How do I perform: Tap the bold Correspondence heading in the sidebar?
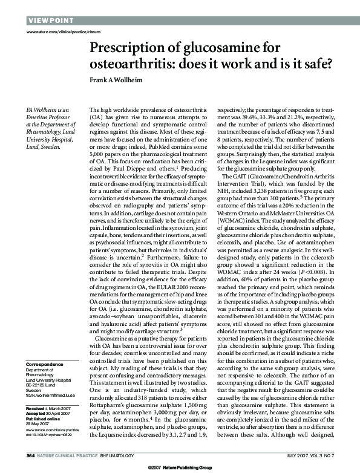46,365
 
